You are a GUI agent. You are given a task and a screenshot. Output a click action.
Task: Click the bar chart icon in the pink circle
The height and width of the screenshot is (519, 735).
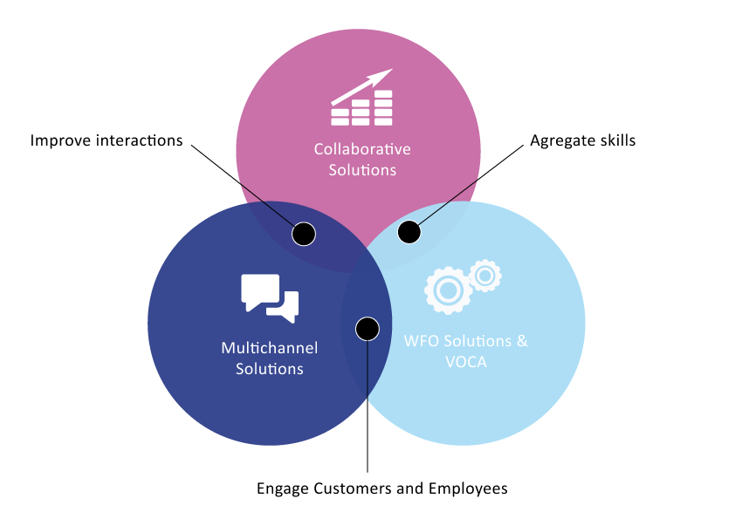[362, 98]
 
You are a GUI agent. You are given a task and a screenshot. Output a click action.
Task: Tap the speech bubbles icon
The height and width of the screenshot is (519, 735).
[270, 298]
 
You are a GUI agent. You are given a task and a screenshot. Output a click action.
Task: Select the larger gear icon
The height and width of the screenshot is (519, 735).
[448, 290]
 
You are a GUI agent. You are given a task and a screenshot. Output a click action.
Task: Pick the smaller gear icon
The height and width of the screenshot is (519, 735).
[485, 276]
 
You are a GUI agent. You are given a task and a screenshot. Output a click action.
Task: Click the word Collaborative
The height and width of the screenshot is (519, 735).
[362, 149]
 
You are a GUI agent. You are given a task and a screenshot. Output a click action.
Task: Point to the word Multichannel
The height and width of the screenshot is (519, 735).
[270, 348]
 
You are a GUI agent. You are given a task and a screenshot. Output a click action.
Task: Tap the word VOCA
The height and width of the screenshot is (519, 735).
[466, 362]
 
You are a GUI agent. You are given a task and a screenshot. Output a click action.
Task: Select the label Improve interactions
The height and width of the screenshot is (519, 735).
[106, 140]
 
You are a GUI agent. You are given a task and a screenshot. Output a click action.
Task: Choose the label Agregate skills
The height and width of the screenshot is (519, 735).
[582, 140]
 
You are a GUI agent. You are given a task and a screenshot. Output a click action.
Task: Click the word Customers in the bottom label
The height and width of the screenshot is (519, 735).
[353, 488]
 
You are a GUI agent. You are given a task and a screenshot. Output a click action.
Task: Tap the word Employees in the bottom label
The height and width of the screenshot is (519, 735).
[468, 489]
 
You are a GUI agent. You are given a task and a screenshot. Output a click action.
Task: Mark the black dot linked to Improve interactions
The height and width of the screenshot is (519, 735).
[304, 234]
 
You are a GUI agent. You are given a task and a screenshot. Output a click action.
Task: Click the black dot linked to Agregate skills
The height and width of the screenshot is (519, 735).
[409, 232]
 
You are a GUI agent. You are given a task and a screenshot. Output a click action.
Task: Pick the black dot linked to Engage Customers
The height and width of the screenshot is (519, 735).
[367, 329]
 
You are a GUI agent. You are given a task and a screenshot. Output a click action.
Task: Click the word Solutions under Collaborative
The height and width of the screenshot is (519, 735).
[362, 170]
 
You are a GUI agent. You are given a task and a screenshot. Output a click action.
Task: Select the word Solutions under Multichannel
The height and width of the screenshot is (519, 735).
[270, 369]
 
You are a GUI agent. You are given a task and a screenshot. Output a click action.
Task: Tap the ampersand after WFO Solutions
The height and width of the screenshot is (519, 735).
[522, 341]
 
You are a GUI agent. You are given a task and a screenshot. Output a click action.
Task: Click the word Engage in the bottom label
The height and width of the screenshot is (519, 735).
[283, 489]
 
